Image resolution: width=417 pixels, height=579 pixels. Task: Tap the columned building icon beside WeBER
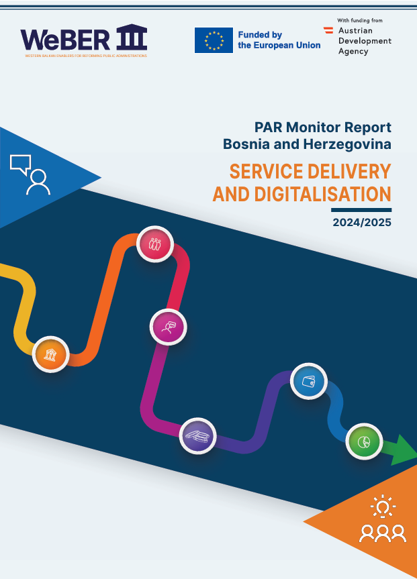pos(132,38)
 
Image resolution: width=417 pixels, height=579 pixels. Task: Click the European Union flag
pos(214,40)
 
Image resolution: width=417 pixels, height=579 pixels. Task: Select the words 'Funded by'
pos(260,34)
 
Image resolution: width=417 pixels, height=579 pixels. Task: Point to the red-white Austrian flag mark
pos(328,30)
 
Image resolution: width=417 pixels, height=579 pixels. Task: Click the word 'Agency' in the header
pos(353,52)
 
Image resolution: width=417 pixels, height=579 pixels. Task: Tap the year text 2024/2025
pos(361,222)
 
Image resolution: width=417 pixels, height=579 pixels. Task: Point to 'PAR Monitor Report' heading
pos(322,127)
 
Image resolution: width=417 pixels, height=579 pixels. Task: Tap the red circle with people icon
pos(155,244)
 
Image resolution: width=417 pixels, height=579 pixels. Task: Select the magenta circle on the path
pos(168,327)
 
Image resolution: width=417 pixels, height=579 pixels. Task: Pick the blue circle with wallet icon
pos(308,382)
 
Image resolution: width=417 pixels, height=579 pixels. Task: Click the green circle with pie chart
pos(364,441)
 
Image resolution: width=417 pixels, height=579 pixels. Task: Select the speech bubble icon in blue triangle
pos(21,163)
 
